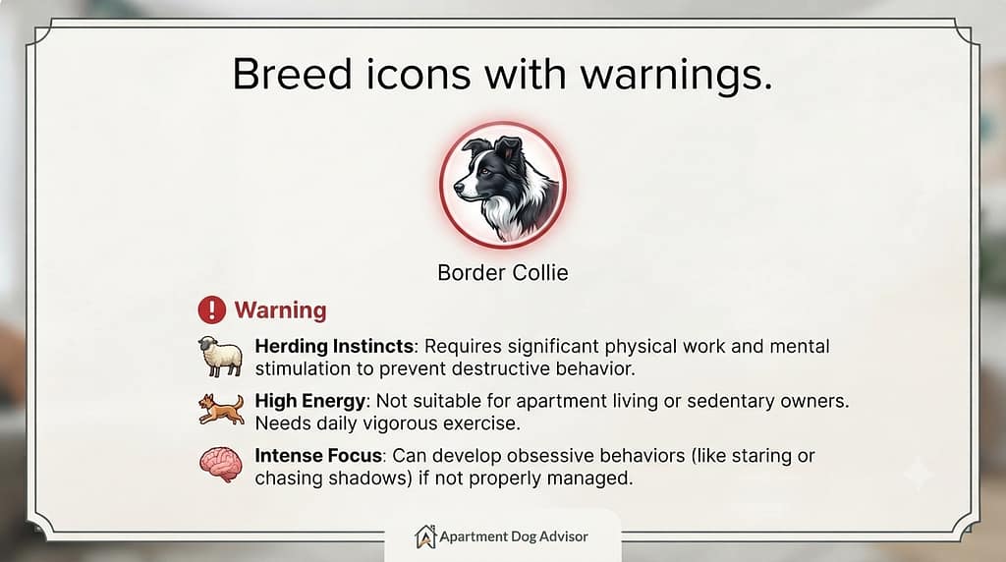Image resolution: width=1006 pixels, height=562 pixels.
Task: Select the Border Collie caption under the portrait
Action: [502, 273]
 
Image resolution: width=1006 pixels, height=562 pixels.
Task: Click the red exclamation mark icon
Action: [212, 309]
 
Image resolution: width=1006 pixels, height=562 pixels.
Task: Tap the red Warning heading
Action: [280, 310]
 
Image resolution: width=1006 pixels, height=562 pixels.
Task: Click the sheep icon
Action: [220, 356]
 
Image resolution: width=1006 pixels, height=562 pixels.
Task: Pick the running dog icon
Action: [221, 410]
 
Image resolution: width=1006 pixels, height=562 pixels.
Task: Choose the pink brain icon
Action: [221, 465]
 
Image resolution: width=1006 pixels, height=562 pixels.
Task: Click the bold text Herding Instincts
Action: [334, 347]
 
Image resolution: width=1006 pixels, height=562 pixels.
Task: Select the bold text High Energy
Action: [309, 402]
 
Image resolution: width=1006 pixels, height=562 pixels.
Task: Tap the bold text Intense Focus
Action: [318, 456]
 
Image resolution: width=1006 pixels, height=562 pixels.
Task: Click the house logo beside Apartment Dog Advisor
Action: [424, 537]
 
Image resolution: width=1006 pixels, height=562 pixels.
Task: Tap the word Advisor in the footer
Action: [563, 536]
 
